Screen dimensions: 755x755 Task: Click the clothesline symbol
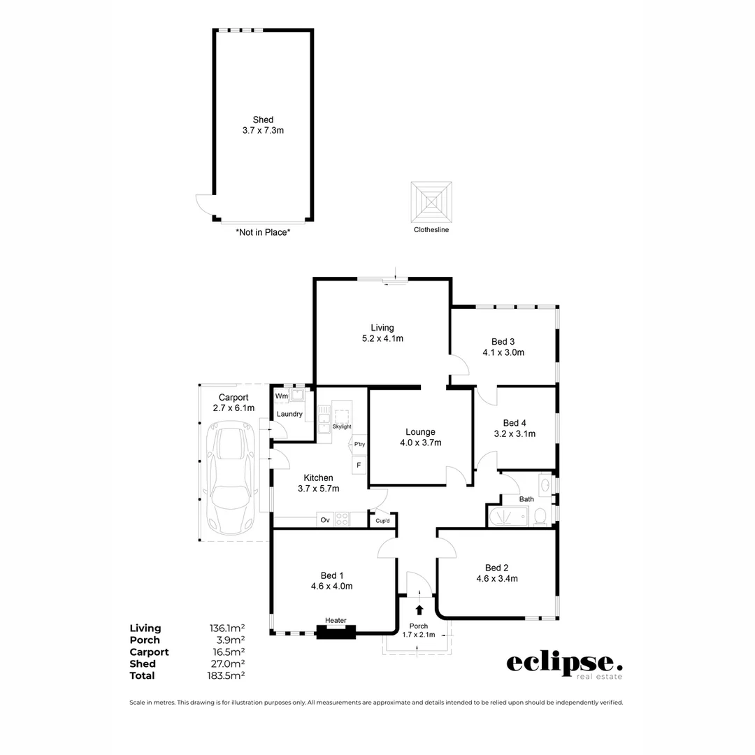click(x=431, y=202)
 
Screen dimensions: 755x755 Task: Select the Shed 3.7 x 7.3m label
click(x=263, y=125)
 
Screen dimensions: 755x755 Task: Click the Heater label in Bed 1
click(x=336, y=621)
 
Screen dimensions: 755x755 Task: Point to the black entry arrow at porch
click(x=419, y=610)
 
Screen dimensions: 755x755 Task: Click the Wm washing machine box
click(x=282, y=396)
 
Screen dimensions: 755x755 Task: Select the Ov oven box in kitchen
click(x=325, y=520)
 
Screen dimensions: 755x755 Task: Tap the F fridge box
click(x=359, y=465)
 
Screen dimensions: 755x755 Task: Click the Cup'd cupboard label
click(x=382, y=521)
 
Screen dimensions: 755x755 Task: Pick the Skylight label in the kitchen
click(x=342, y=426)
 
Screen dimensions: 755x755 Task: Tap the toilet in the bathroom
click(x=540, y=517)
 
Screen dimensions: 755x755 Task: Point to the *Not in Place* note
click(x=263, y=232)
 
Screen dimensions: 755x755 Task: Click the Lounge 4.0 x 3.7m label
click(x=420, y=437)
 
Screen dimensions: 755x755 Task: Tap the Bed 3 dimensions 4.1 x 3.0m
click(x=503, y=353)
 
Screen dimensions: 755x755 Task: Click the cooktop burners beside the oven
click(x=343, y=520)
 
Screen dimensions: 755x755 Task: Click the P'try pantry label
click(x=359, y=445)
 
